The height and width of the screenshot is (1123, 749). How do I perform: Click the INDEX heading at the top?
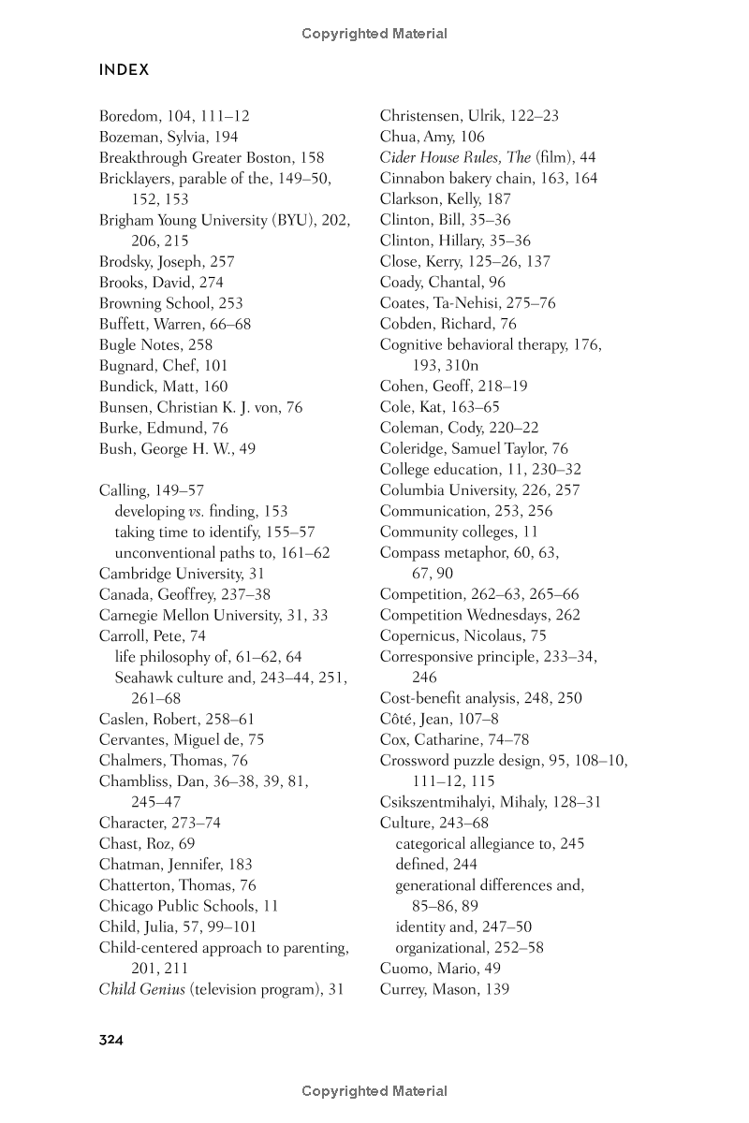click(x=124, y=70)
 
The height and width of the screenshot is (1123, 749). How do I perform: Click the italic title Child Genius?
click(x=142, y=988)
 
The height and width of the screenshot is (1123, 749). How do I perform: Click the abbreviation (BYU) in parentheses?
click(x=300, y=220)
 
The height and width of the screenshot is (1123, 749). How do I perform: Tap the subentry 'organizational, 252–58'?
click(x=469, y=947)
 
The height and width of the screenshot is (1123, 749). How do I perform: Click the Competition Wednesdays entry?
click(x=467, y=615)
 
